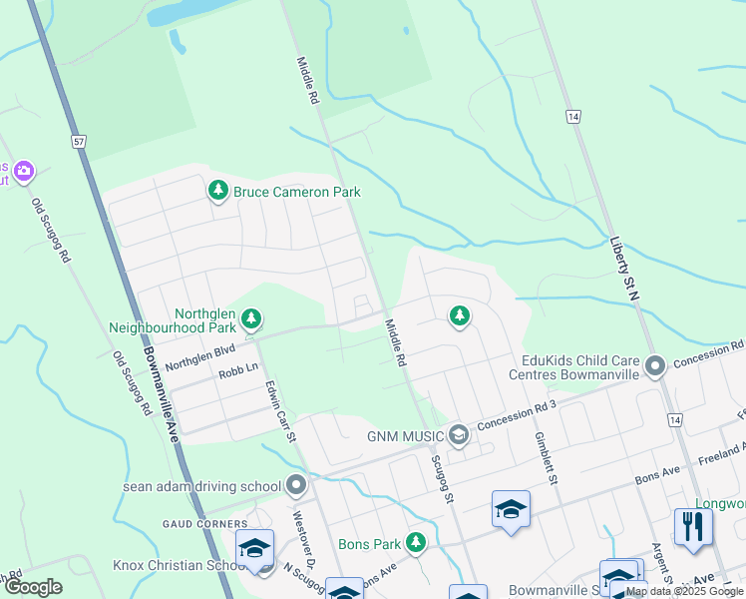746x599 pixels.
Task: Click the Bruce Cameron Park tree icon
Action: (x=218, y=190)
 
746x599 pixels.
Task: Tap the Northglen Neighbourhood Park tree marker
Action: (x=252, y=319)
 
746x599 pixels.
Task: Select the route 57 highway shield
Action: (x=79, y=142)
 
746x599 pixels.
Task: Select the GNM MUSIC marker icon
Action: (x=458, y=435)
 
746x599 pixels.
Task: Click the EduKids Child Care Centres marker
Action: (x=655, y=366)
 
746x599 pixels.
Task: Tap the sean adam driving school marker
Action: (x=296, y=486)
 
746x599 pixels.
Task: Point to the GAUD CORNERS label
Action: (x=204, y=523)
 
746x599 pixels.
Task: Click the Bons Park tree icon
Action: (x=417, y=544)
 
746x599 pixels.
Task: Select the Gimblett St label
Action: (x=543, y=457)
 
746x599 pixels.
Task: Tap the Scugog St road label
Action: (x=443, y=478)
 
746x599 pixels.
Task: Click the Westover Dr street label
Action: (x=303, y=546)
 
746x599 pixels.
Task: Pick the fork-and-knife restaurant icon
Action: (x=693, y=525)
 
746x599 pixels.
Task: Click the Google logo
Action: (x=33, y=587)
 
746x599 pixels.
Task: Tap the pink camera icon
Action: (x=24, y=172)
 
